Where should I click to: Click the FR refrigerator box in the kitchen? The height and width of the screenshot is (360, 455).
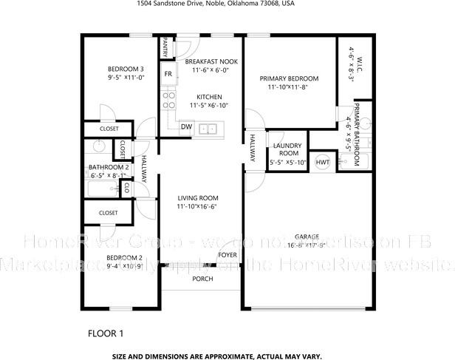(x=168, y=74)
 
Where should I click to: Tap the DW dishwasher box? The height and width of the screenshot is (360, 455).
(x=187, y=126)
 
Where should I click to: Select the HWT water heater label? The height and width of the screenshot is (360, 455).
(x=322, y=162)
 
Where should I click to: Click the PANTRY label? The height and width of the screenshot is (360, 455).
(x=164, y=47)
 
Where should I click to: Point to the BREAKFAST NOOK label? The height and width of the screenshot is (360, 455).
(x=211, y=61)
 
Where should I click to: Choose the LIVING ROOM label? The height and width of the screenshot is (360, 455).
(x=197, y=198)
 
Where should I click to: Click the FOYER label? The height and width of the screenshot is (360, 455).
(x=227, y=256)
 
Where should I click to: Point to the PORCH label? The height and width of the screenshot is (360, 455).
(x=202, y=279)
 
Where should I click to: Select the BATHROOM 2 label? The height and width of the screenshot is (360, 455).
(x=109, y=167)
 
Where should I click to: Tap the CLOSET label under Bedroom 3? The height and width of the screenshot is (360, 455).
(x=109, y=129)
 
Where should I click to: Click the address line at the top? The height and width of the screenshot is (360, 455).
(x=226, y=4)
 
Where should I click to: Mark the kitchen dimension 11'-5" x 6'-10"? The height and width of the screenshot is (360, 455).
(x=210, y=106)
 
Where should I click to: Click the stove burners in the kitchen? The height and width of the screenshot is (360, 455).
(x=168, y=99)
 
